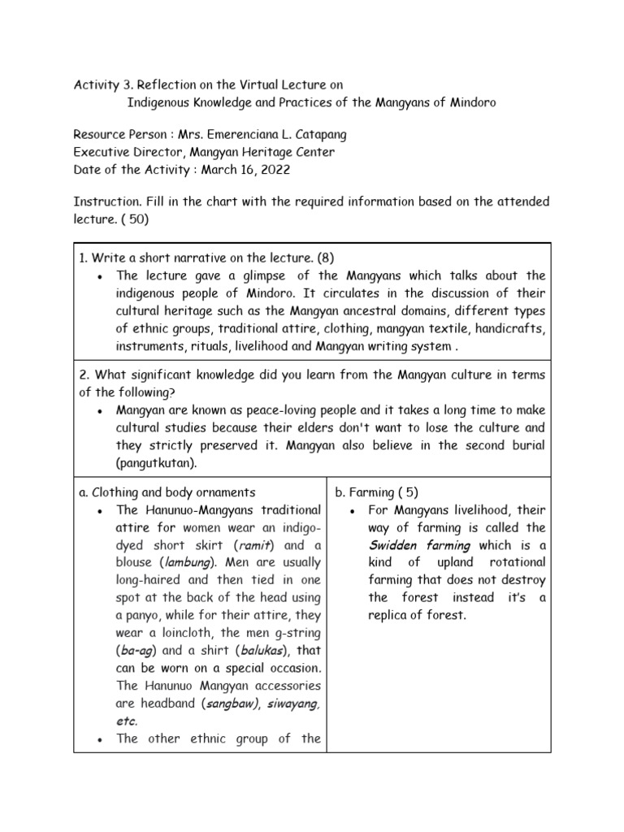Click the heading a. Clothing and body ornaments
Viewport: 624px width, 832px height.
point(167,492)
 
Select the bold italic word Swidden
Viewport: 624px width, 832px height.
point(393,545)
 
